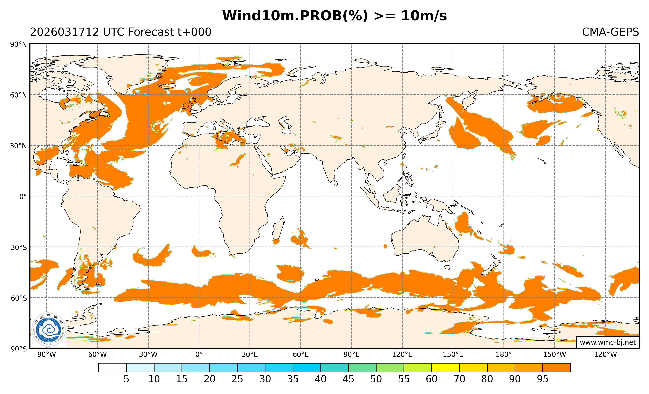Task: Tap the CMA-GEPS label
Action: (610, 32)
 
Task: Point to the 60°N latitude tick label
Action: (19, 95)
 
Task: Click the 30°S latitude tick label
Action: (19, 247)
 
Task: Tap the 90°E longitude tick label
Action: (351, 355)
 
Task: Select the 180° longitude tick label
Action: (504, 355)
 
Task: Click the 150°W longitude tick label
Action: (554, 355)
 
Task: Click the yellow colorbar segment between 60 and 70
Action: (445, 368)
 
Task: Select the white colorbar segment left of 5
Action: (112, 368)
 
